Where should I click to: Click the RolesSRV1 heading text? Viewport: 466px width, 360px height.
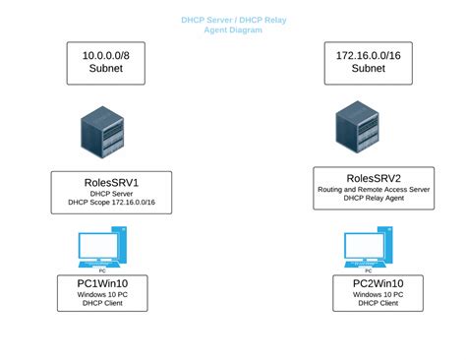(x=111, y=181)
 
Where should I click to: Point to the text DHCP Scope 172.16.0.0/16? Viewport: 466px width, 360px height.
(x=111, y=203)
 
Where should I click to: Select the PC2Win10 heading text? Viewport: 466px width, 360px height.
(x=378, y=283)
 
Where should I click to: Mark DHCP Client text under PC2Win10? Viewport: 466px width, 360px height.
(x=378, y=304)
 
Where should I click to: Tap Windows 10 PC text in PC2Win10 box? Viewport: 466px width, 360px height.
(x=378, y=295)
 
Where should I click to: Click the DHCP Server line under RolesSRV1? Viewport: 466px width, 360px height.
(x=111, y=194)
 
